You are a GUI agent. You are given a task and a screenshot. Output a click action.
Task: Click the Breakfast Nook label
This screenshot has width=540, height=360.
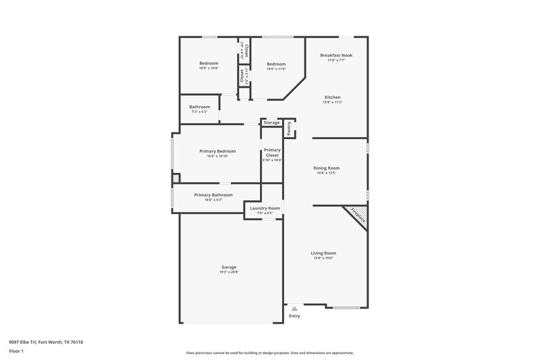tap(338, 55)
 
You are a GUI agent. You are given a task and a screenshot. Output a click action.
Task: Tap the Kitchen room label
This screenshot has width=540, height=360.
tap(332, 97)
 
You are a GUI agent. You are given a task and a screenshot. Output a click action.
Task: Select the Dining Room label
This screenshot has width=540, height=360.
tap(326, 168)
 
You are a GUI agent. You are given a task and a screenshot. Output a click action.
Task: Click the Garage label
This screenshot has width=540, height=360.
tap(229, 267)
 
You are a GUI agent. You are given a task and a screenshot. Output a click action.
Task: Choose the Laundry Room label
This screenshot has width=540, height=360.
tap(265, 208)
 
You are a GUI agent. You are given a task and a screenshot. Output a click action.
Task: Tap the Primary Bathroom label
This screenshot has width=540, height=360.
tap(213, 195)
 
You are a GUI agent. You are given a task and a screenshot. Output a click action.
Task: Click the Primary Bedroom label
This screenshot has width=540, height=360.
tap(217, 151)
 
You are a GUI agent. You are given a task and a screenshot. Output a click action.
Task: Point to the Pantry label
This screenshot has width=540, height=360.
tap(289, 128)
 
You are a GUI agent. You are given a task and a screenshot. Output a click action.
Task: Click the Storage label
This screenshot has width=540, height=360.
tap(271, 122)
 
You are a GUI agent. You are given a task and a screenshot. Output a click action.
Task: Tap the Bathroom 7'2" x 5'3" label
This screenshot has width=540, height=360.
tap(199, 107)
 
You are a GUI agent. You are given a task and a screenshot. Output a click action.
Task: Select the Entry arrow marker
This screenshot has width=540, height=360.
tap(294, 308)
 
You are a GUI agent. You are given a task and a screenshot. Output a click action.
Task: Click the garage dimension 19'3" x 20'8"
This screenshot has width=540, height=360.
tap(229, 272)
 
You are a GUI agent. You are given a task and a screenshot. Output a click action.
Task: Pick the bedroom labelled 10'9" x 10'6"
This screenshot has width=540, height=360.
tap(209, 63)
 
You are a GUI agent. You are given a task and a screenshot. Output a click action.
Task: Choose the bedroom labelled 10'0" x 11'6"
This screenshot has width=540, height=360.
tap(276, 63)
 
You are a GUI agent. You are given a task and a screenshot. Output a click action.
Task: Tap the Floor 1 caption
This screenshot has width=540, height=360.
tap(16, 352)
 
